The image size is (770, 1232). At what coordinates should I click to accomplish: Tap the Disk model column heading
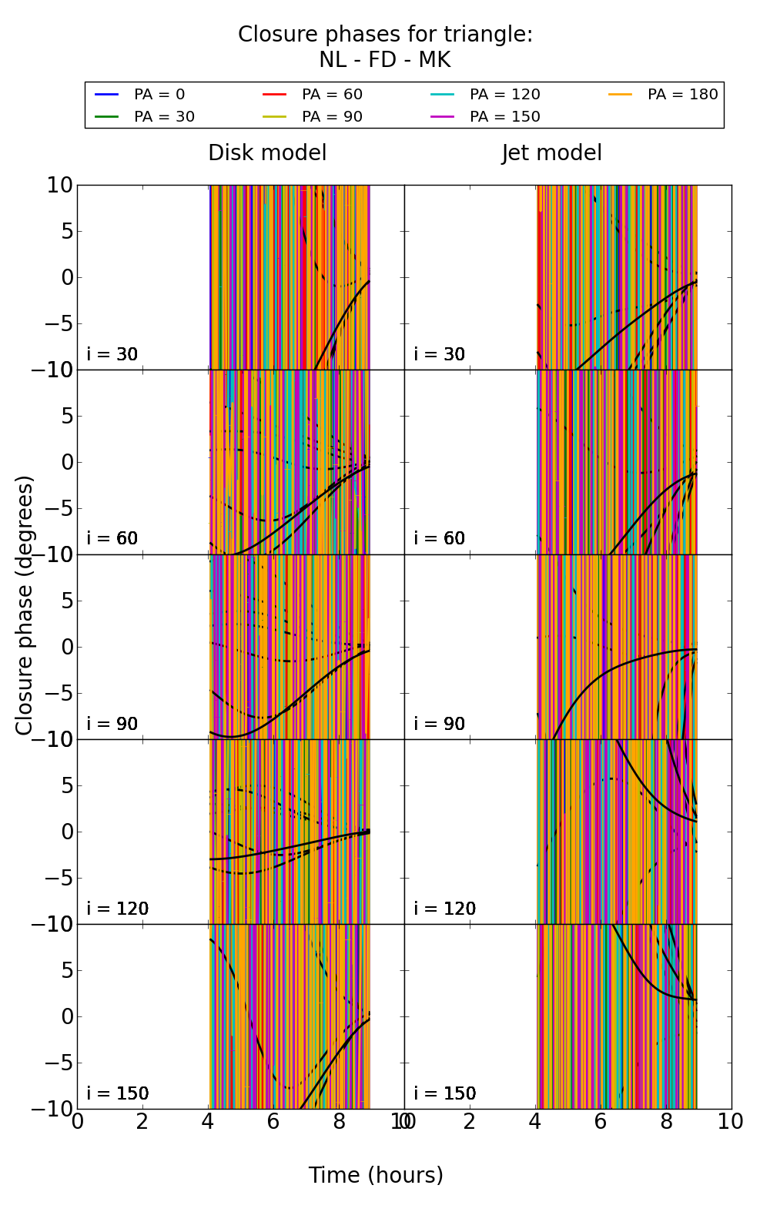tap(267, 153)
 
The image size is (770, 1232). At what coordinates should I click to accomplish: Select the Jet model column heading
tap(551, 153)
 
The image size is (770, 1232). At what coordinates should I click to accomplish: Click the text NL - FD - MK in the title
tap(384, 60)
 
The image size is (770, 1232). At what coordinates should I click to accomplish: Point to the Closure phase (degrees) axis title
tap(25, 605)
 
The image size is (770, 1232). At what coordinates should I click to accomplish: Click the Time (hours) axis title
tap(376, 1176)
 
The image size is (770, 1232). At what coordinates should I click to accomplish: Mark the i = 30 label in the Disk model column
tap(112, 354)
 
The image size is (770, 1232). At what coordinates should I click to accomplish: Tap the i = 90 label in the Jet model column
tap(440, 724)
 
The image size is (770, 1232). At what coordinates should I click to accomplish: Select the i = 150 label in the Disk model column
tap(118, 1093)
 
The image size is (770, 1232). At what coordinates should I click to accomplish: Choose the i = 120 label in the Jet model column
tap(445, 909)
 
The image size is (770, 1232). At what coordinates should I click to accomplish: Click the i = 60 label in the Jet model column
tap(440, 538)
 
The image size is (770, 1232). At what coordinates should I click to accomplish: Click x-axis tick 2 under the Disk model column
tap(142, 1122)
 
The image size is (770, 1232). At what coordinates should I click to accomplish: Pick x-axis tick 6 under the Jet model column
tap(601, 1122)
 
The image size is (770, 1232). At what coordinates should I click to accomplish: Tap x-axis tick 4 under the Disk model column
tap(208, 1122)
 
